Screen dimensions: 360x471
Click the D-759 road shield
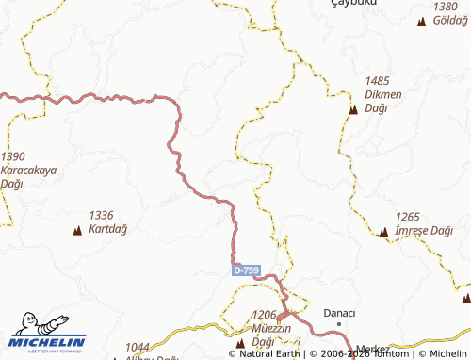pos(246,270)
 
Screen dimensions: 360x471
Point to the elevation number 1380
pos(446,7)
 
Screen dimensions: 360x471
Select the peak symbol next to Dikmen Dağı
pos(353,110)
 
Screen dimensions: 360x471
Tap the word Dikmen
pos(382,95)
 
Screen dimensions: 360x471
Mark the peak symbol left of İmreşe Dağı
pos(382,232)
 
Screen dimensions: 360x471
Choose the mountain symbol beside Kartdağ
pos(75,229)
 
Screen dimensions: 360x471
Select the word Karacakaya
pos(30,171)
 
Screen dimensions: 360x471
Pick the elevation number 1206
pos(268,315)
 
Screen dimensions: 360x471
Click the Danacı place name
pos(339,313)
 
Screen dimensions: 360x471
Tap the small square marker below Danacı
pos(339,326)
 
